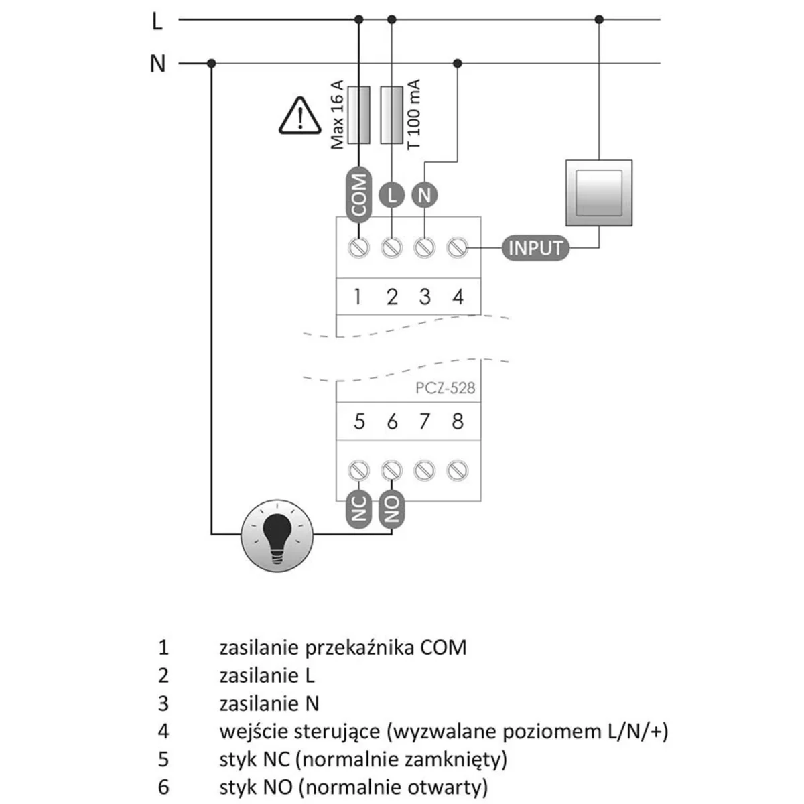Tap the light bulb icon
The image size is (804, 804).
tap(277, 534)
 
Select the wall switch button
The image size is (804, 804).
tap(599, 193)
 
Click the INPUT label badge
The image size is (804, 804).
tap(535, 248)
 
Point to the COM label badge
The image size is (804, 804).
tap(359, 194)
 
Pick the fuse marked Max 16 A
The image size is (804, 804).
tap(359, 115)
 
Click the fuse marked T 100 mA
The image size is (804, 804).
tap(391, 115)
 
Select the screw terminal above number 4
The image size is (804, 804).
tap(457, 247)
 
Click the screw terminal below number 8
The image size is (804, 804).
tap(457, 471)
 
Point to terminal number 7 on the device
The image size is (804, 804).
tap(424, 422)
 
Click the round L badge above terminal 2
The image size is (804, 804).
tap(391, 195)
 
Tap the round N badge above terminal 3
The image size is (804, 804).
tap(424, 195)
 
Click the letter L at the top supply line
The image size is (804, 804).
tap(157, 21)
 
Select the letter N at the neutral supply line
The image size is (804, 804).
tap(157, 64)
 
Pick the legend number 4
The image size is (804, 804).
tap(163, 731)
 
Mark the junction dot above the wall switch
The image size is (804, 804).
tap(599, 20)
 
